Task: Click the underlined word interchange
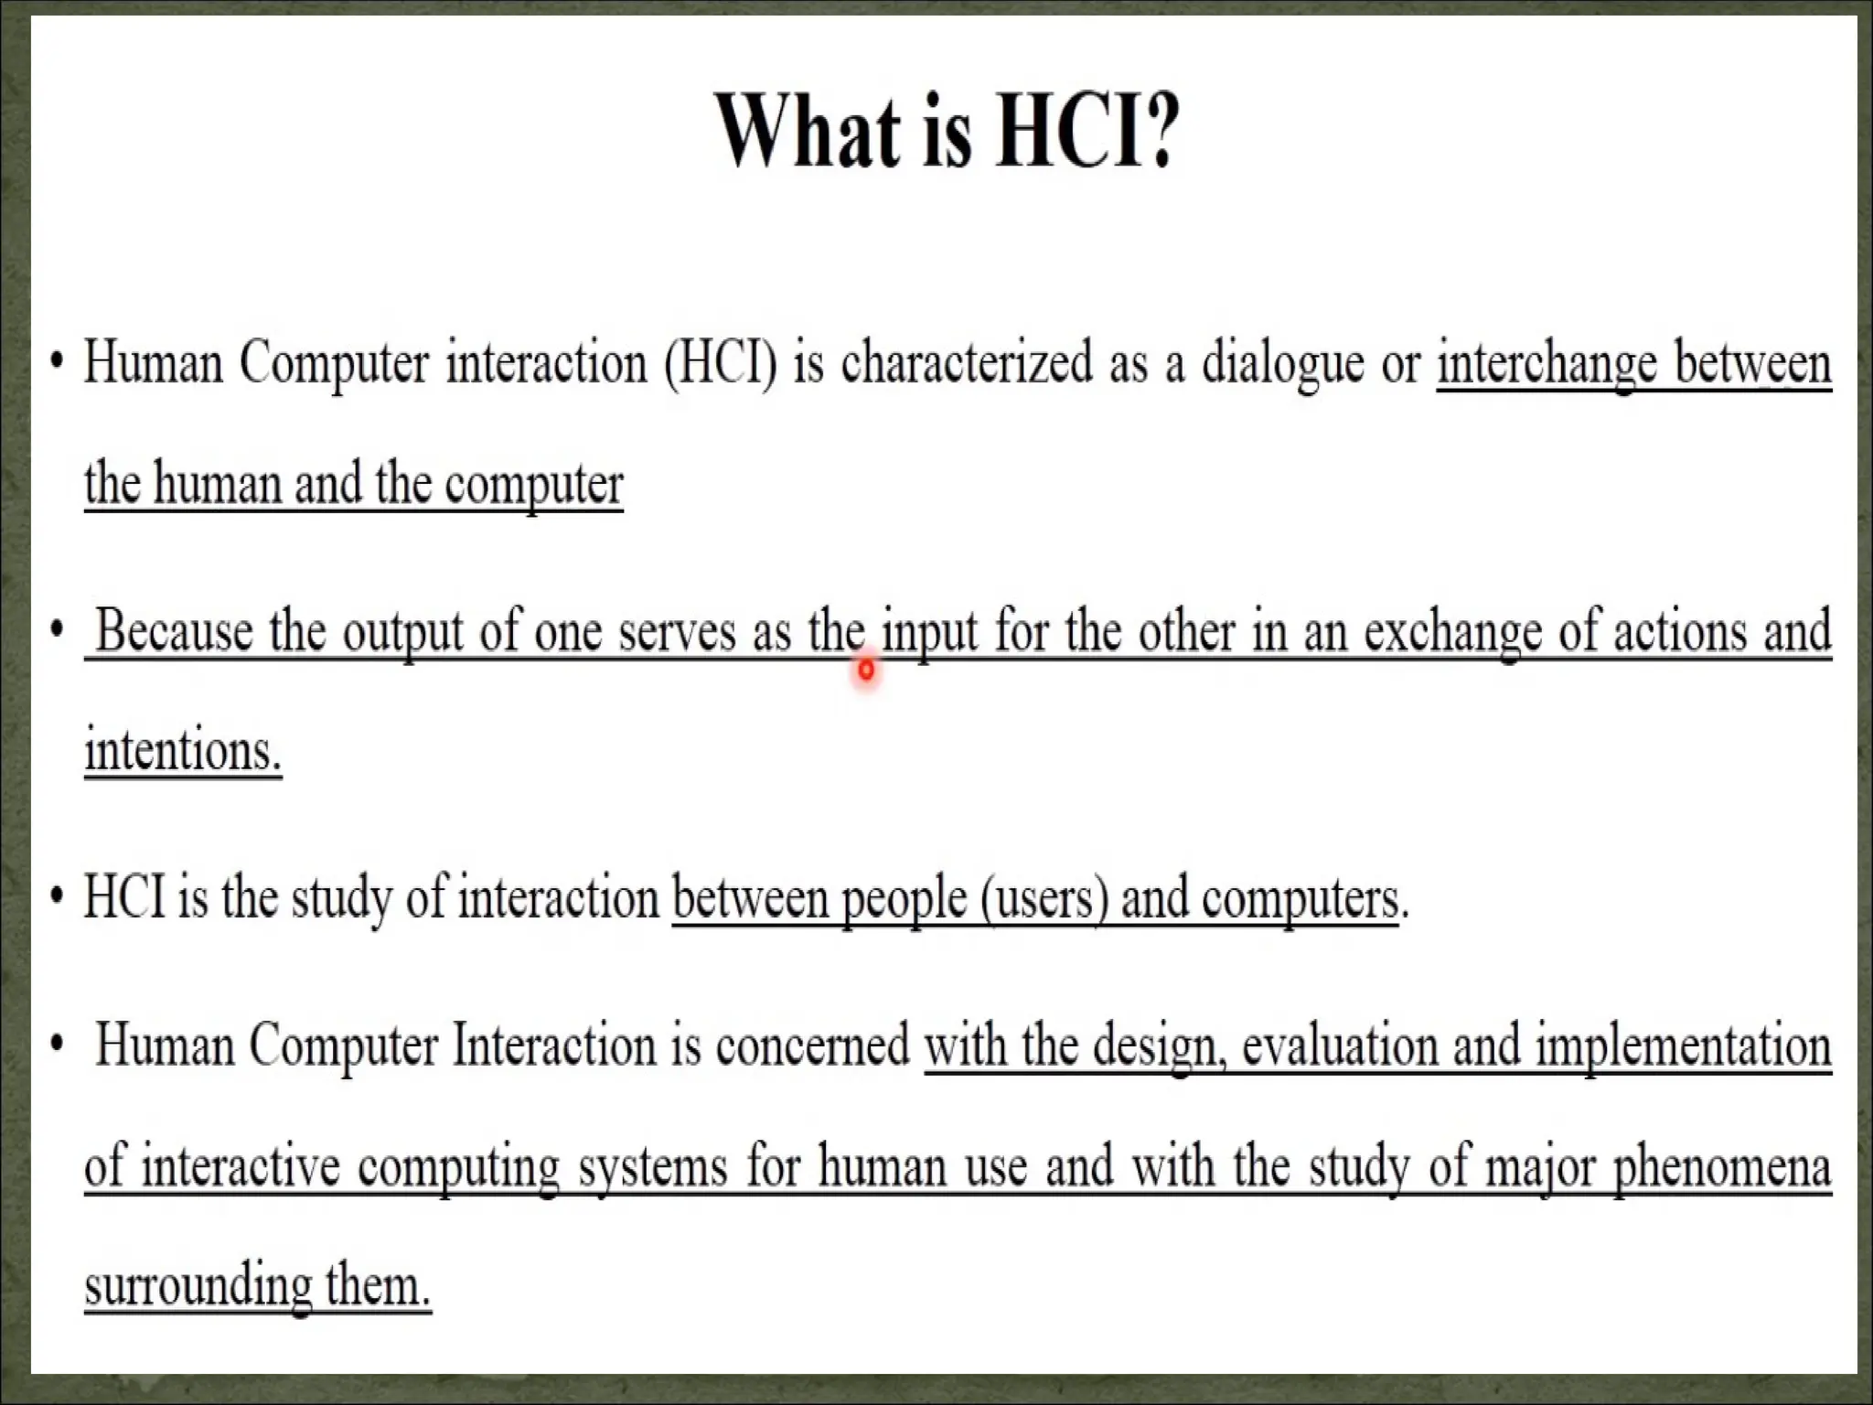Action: pos(1547,364)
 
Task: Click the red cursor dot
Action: pos(866,670)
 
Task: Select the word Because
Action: pos(174,631)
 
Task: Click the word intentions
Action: pos(182,752)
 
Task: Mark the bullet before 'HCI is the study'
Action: pos(58,897)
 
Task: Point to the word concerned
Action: pos(812,1046)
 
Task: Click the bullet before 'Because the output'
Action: pos(58,631)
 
